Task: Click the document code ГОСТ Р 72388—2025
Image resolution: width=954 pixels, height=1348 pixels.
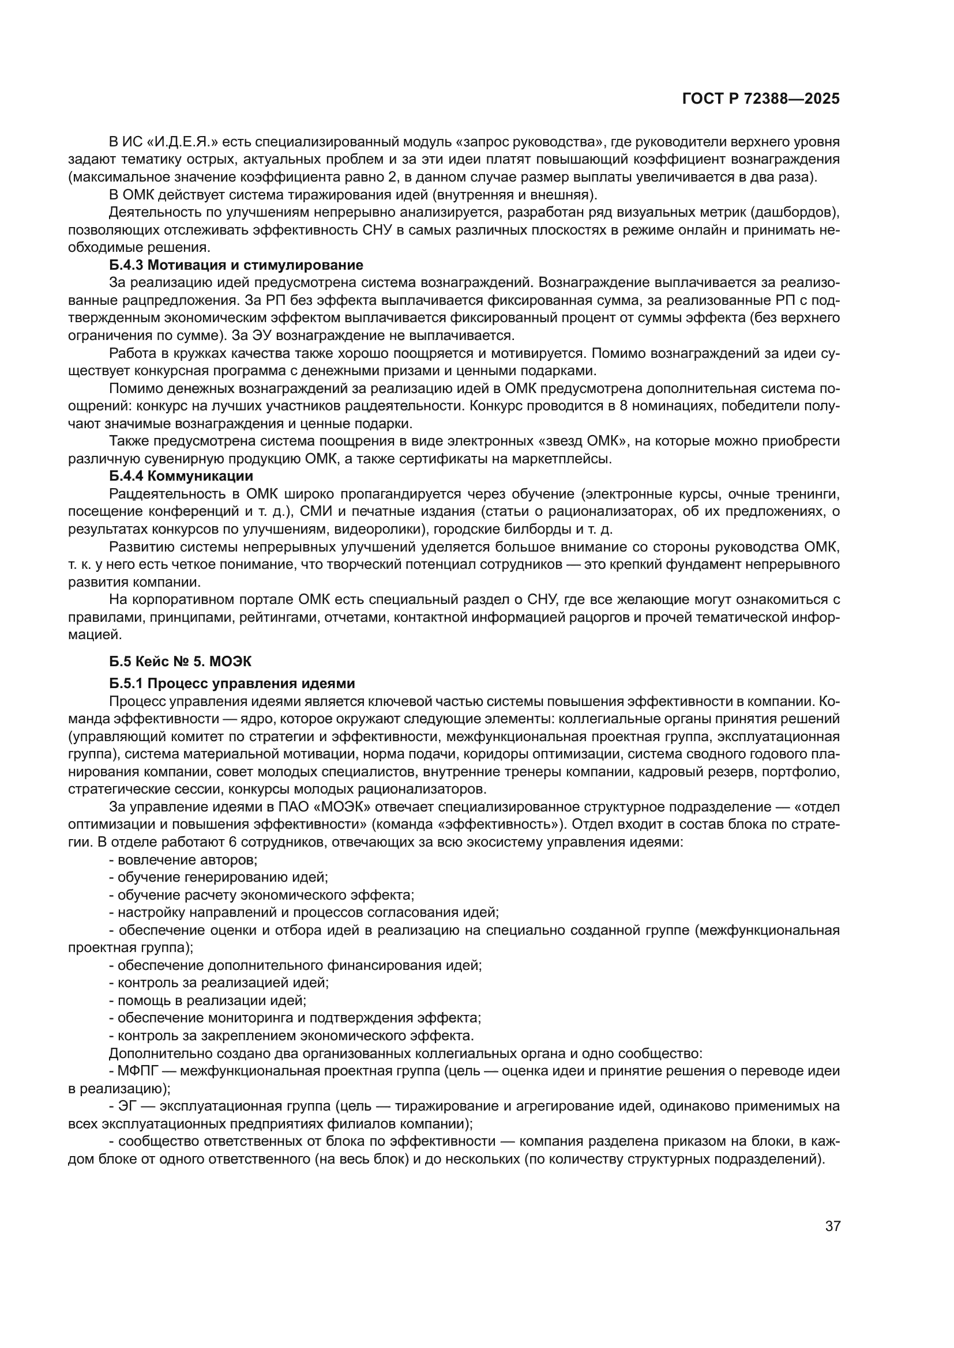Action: pos(761,99)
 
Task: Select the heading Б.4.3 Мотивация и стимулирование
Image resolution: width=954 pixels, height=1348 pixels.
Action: pos(235,265)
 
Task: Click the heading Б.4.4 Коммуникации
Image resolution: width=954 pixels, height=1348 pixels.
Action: pos(181,475)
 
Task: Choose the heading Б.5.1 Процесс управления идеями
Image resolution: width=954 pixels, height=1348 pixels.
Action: pos(231,684)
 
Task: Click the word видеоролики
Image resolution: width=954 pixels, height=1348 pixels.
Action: pos(378,529)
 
